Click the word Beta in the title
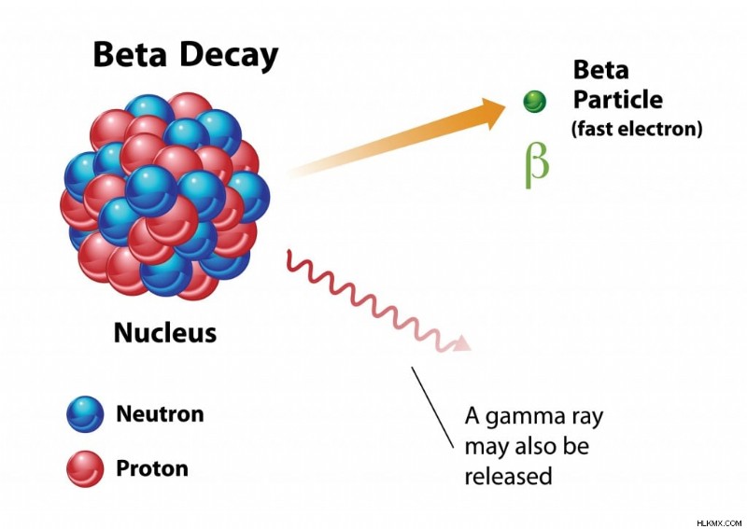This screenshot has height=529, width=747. (x=130, y=54)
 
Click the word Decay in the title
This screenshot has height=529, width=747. (x=229, y=56)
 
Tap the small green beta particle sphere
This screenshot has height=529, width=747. (x=534, y=102)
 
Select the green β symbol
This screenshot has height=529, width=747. (x=537, y=165)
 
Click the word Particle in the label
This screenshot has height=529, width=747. (x=617, y=100)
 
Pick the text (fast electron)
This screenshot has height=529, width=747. (x=637, y=129)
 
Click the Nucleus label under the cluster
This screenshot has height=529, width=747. (x=165, y=332)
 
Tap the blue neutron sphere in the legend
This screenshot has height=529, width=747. (x=85, y=414)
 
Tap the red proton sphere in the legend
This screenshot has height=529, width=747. (x=85, y=468)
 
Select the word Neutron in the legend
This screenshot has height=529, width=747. (x=160, y=413)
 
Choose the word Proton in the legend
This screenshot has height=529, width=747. (x=152, y=468)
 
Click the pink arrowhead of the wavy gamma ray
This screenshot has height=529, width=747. (x=461, y=343)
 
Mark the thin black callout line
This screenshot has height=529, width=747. (x=432, y=407)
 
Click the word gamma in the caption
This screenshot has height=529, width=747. (x=519, y=418)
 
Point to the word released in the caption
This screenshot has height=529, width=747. (x=508, y=476)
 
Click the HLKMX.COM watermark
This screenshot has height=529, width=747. (x=719, y=522)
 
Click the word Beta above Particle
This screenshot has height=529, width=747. (x=600, y=70)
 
